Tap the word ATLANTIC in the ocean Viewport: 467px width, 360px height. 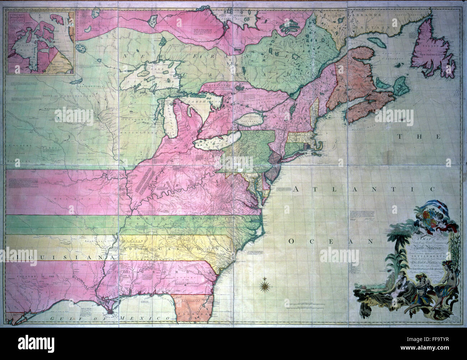click(363, 189)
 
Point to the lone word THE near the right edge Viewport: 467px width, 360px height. click(419, 137)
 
